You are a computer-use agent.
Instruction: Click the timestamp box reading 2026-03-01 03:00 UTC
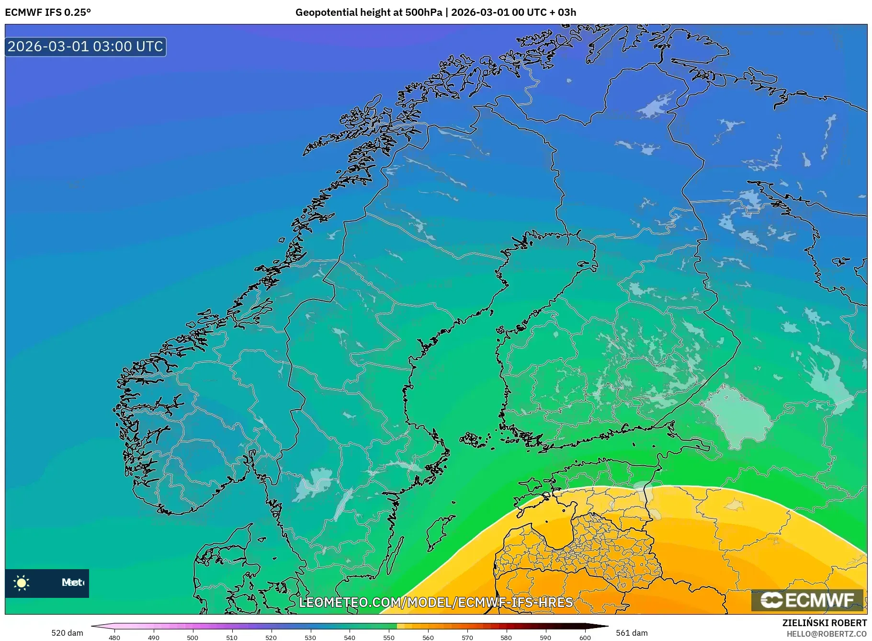[86, 46]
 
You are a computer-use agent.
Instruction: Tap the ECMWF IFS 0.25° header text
[47, 12]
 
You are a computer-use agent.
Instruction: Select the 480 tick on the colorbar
[114, 637]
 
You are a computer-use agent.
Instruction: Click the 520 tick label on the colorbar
[271, 637]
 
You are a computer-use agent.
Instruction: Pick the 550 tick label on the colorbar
[389, 637]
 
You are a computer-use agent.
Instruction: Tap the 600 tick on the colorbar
[585, 637]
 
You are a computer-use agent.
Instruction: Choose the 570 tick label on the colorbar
[467, 637]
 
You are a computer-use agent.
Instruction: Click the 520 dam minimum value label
[67, 633]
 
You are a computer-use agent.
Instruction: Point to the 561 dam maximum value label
[632, 633]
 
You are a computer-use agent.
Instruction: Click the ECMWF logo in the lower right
[807, 600]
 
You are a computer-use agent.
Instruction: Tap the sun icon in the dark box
[22, 583]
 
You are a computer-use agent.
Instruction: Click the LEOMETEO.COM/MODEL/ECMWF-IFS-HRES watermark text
[436, 602]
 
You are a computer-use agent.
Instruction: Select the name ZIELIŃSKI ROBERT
[824, 623]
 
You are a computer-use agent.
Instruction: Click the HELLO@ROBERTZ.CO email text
[827, 634]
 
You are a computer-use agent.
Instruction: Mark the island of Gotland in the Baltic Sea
[440, 532]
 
